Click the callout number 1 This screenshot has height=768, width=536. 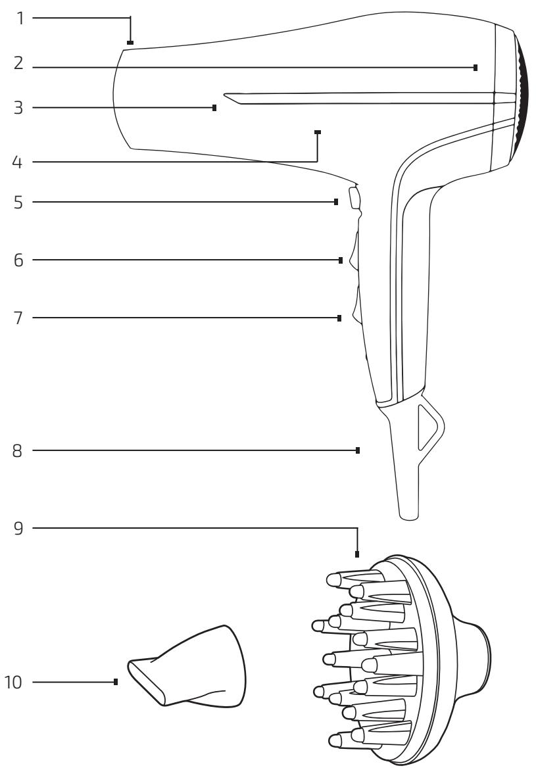(20, 18)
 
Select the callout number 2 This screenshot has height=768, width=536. (18, 63)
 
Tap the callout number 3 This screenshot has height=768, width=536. (18, 108)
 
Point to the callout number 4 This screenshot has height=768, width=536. (18, 162)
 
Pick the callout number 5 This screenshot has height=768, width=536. (18, 203)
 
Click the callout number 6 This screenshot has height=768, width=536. (18, 260)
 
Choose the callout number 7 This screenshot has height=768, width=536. (18, 318)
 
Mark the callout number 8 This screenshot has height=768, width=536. (18, 450)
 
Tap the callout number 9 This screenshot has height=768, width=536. (18, 529)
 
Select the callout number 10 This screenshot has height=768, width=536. (13, 682)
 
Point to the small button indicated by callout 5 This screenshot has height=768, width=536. (354, 197)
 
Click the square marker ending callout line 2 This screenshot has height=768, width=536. (475, 68)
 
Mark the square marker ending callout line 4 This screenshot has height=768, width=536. (318, 132)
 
